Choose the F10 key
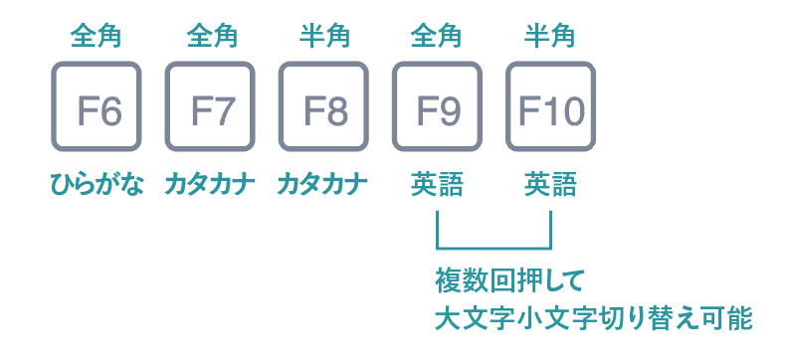tap(550, 107)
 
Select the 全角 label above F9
tap(437, 36)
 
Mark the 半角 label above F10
tap(550, 36)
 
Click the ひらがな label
tap(97, 185)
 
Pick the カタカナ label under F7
tap(210, 185)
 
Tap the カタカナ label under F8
tap(323, 185)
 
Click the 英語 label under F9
tap(437, 185)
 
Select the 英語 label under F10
tap(550, 185)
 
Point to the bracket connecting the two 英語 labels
tap(494, 246)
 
